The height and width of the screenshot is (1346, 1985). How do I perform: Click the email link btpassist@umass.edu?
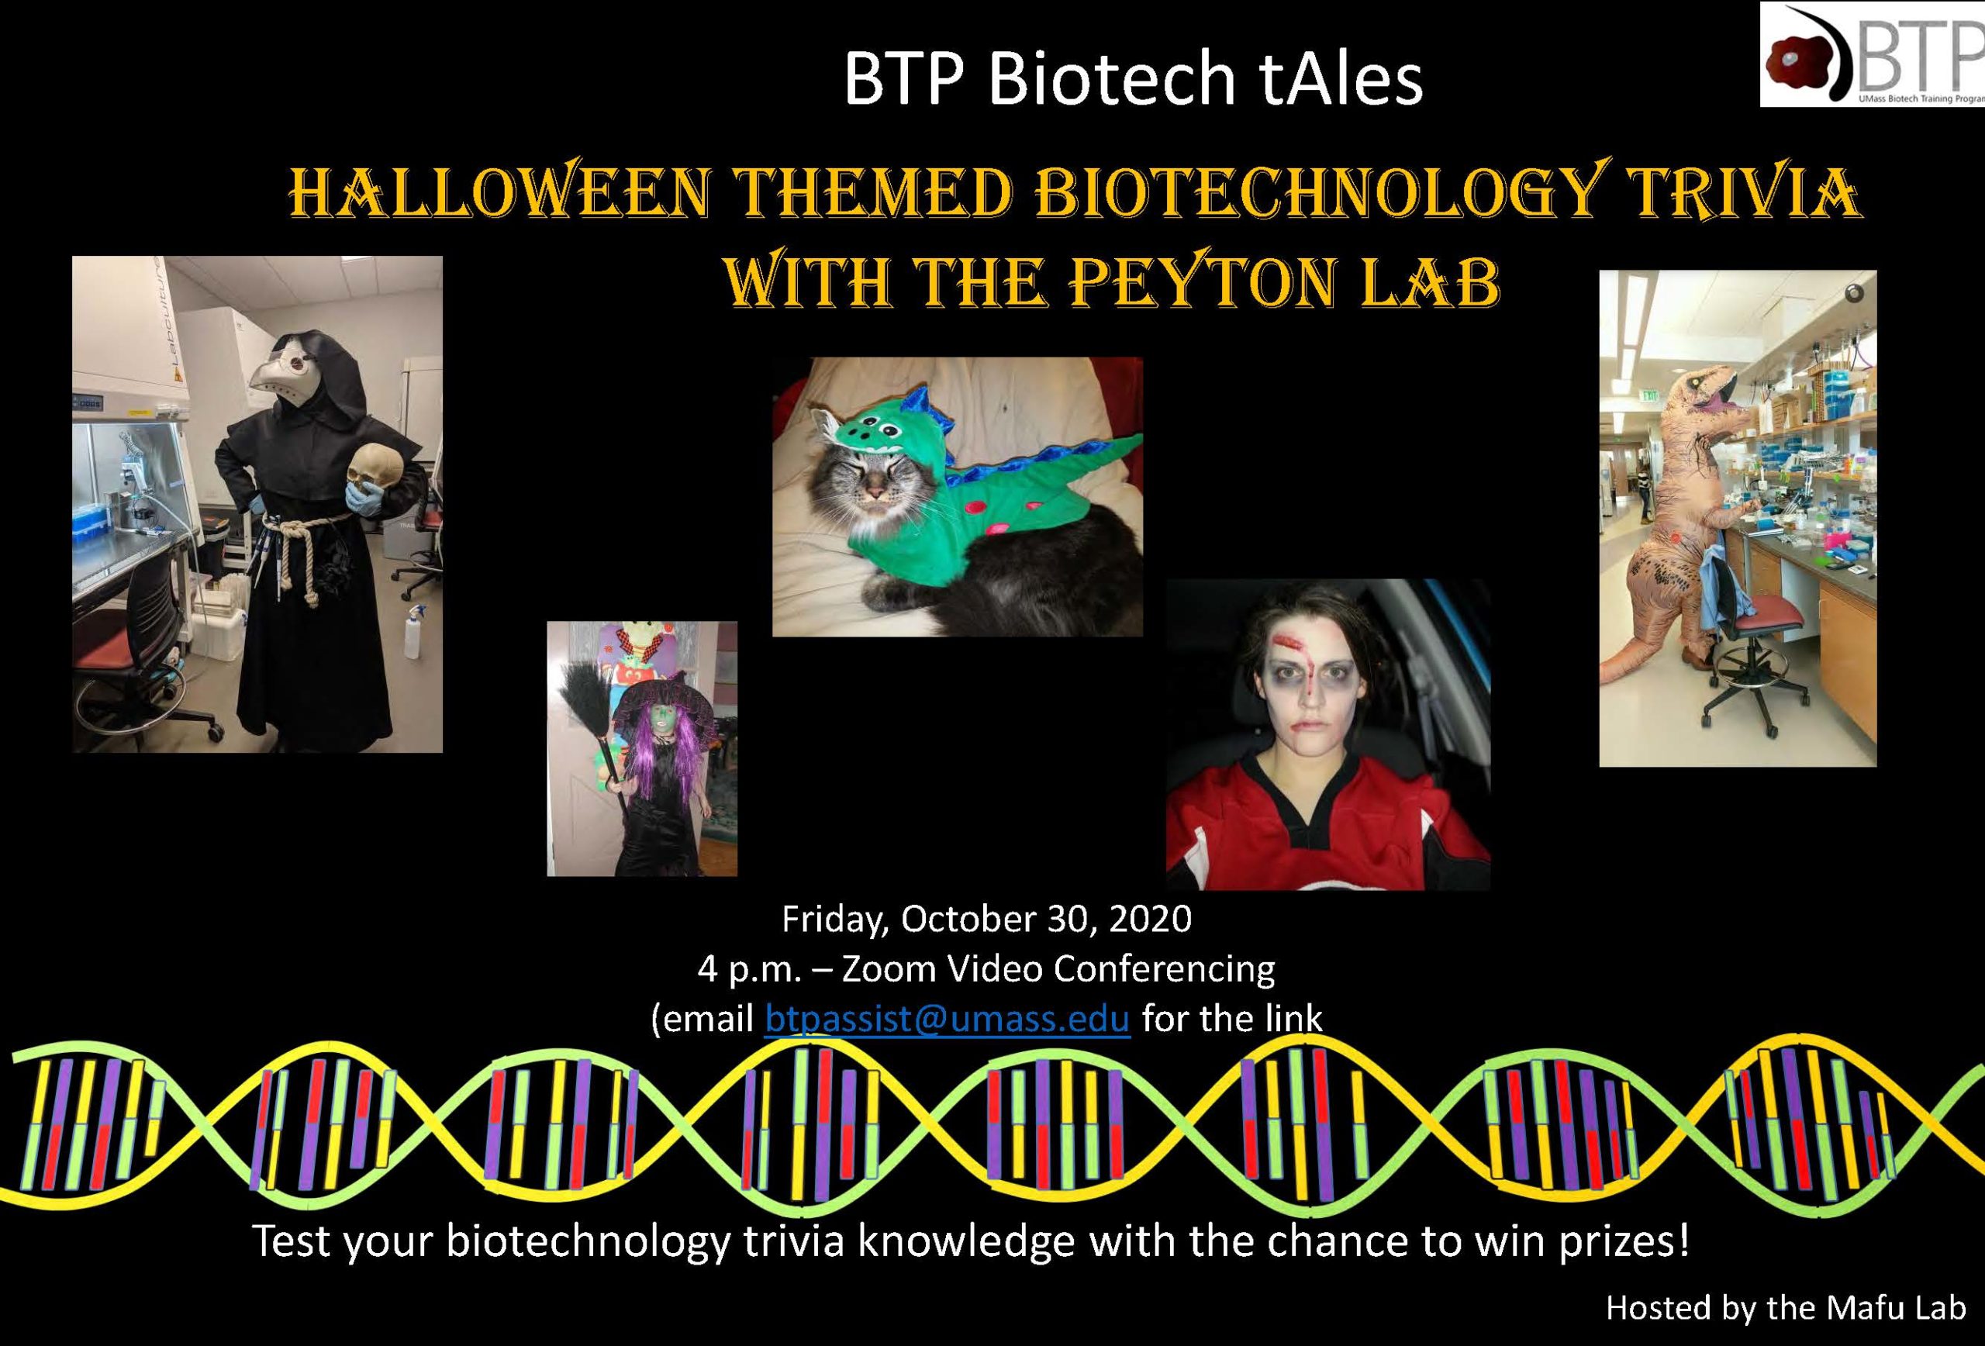(x=948, y=1018)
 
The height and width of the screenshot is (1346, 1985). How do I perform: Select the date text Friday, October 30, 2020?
(x=986, y=919)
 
